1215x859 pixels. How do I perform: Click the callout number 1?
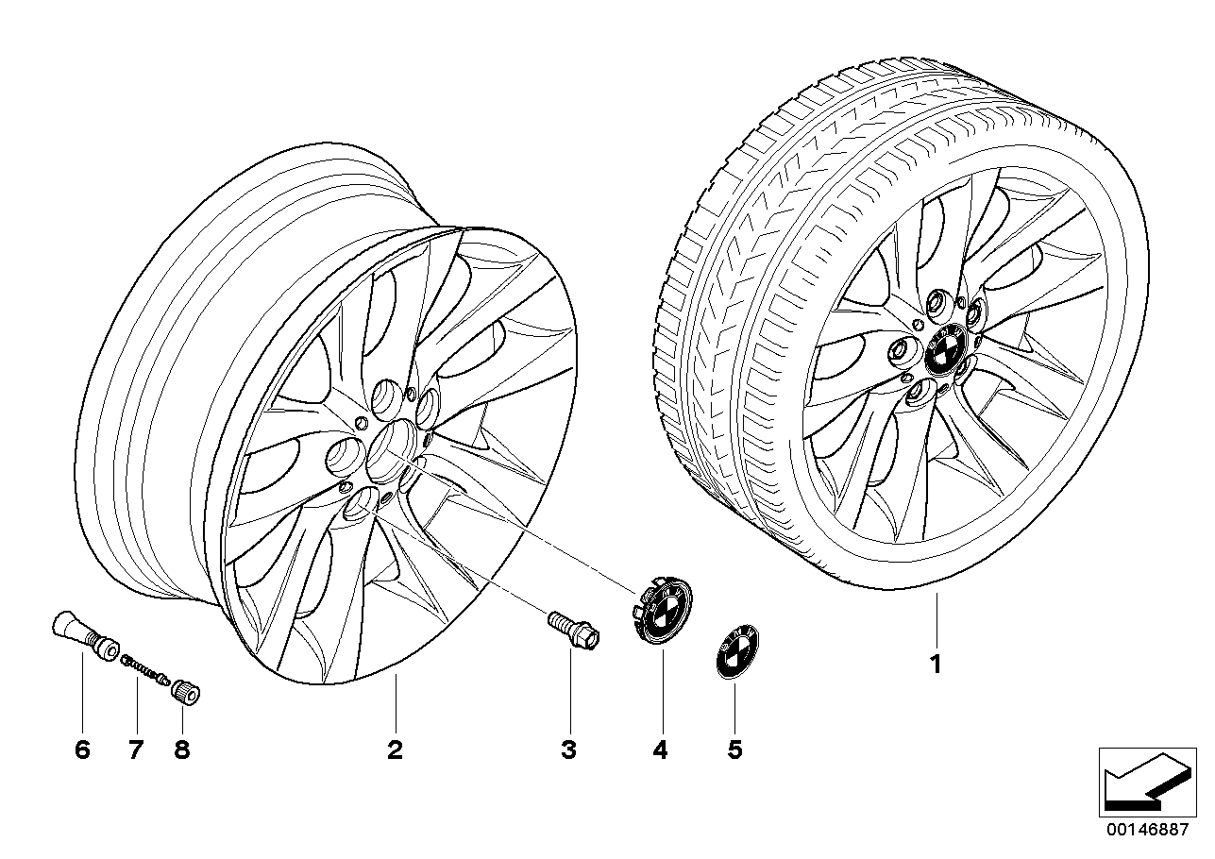click(935, 665)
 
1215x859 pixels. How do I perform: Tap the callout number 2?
click(395, 750)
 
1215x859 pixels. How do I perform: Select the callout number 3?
click(568, 750)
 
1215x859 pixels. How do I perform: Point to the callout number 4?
click(660, 750)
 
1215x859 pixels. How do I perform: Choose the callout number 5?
click(734, 750)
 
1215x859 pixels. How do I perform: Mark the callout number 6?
click(81, 750)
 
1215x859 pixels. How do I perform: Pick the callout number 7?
click(135, 750)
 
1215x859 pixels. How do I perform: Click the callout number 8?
click(181, 750)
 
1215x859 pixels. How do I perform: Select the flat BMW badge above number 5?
click(735, 652)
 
